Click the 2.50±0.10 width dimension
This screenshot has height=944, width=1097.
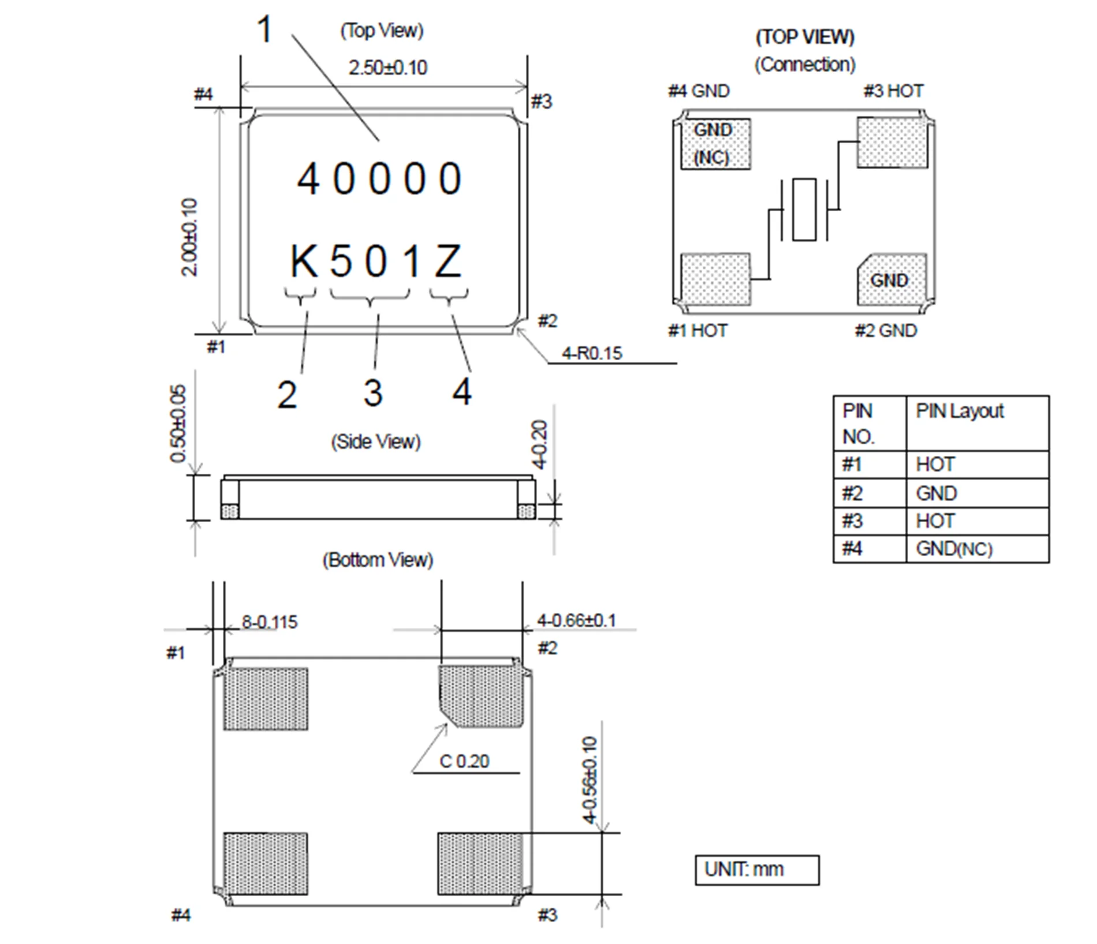click(387, 68)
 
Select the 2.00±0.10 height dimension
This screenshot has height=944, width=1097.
click(190, 237)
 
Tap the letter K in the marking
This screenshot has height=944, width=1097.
click(303, 262)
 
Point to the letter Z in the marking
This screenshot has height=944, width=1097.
click(447, 262)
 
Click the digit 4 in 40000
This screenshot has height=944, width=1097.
click(308, 179)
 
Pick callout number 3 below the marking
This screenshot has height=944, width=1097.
click(373, 394)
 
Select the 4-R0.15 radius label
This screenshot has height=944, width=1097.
click(592, 353)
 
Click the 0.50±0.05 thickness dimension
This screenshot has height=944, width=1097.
click(178, 424)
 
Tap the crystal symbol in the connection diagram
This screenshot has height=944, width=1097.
click(804, 209)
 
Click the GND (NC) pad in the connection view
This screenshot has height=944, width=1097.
click(715, 144)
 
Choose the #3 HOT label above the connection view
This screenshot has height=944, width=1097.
click(893, 91)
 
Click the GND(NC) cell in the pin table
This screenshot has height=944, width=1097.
click(954, 549)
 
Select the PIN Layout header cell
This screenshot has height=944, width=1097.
click(960, 411)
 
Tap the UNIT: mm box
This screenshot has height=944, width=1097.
click(756, 870)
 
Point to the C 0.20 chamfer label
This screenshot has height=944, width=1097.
click(464, 761)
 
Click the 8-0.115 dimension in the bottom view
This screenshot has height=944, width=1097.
click(269, 622)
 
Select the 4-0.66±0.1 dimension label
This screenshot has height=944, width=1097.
click(576, 621)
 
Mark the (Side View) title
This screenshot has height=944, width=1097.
click(375, 442)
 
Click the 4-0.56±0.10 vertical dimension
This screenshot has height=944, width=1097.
click(589, 779)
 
